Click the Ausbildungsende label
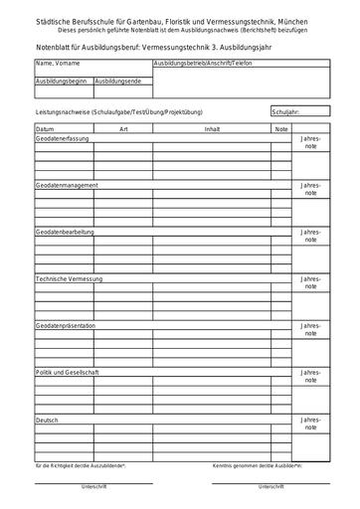pyautogui.click(x=117, y=79)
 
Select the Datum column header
pyautogui.click(x=46, y=129)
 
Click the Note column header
pyautogui.click(x=280, y=129)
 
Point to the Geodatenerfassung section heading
pyautogui.click(x=65, y=138)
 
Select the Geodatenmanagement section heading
pyautogui.click(x=68, y=186)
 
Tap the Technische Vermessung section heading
pyautogui.click(x=70, y=278)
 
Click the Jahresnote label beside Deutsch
pyautogui.click(x=311, y=424)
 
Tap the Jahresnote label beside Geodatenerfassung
pyautogui.click(x=311, y=142)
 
